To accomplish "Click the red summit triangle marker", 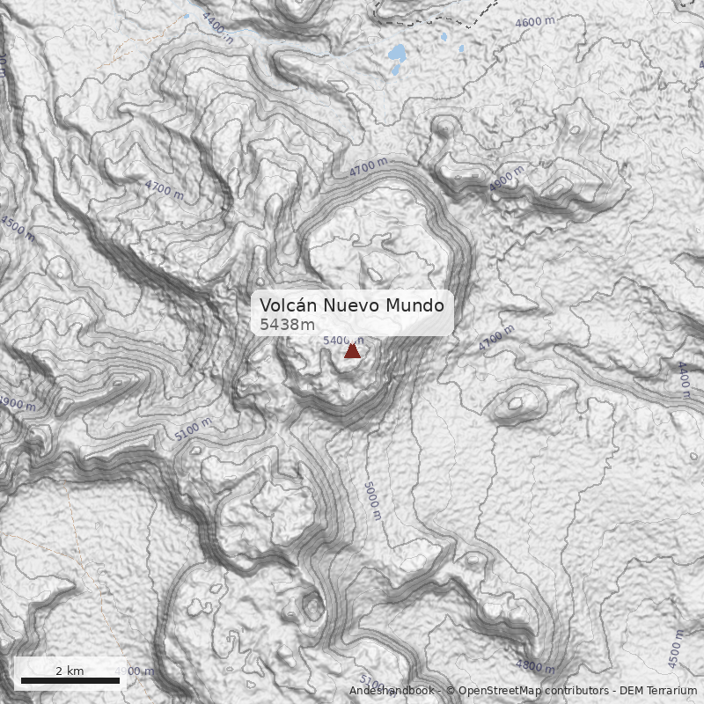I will (x=352, y=351).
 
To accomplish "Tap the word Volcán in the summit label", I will (x=288, y=305).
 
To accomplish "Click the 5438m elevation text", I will (x=287, y=325).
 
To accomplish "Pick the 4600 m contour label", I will (x=536, y=22).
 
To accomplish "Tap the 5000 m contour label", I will (x=371, y=500).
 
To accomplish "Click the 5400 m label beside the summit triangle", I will (x=342, y=340).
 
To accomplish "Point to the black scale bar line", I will (x=70, y=680).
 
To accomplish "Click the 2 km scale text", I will (x=70, y=671).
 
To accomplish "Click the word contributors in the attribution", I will (x=572, y=691).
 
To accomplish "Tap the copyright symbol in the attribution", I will (x=451, y=691).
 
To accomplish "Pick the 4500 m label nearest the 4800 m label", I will (x=676, y=649).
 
